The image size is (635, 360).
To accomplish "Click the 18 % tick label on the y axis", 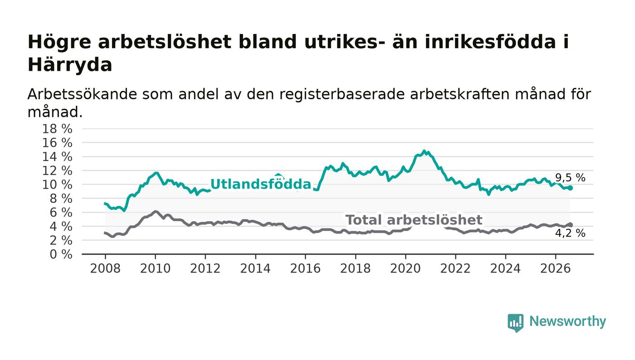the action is pos(57,129).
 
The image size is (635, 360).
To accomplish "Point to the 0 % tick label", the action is pos(61,254).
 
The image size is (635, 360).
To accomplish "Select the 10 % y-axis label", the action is pos(57,185).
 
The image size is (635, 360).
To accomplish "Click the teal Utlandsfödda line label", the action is pos(261,184).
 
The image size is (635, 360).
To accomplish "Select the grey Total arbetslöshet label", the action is pos(414,220).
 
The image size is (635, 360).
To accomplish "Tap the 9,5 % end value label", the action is pos(570,178).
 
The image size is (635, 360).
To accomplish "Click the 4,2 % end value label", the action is pos(570,234).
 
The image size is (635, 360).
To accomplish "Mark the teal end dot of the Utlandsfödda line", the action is pos(571,188).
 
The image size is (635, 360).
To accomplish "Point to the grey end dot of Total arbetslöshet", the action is pos(571,225).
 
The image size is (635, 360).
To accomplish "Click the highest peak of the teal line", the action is pos(424,151).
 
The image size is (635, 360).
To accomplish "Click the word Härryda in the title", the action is pos(70,65).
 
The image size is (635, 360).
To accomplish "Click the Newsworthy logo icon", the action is pos(515,323).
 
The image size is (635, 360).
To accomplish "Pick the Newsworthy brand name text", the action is pos(567,321).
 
